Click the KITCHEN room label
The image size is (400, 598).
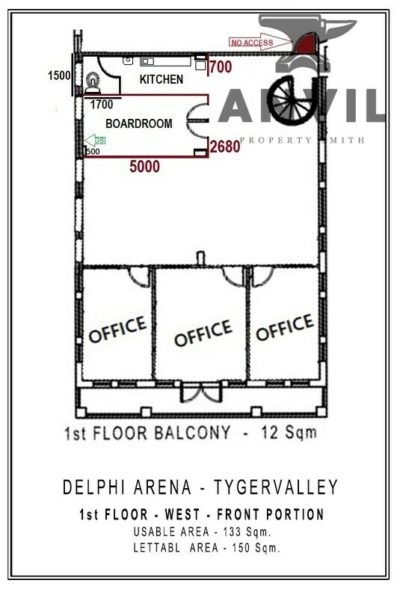click(x=161, y=78)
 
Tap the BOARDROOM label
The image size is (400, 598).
click(x=139, y=123)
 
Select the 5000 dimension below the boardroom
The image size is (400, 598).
click(x=144, y=167)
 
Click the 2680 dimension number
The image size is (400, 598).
click(x=225, y=147)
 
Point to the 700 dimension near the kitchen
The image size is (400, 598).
click(x=221, y=67)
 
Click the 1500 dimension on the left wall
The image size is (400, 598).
click(x=59, y=75)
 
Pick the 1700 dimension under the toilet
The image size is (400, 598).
click(x=102, y=105)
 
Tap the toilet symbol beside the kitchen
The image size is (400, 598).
click(x=93, y=81)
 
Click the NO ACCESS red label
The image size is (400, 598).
click(x=252, y=43)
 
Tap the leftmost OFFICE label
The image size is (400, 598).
click(x=117, y=330)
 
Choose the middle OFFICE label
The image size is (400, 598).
click(x=203, y=333)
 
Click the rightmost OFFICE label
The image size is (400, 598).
click(x=284, y=327)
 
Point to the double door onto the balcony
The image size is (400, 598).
click(x=200, y=393)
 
